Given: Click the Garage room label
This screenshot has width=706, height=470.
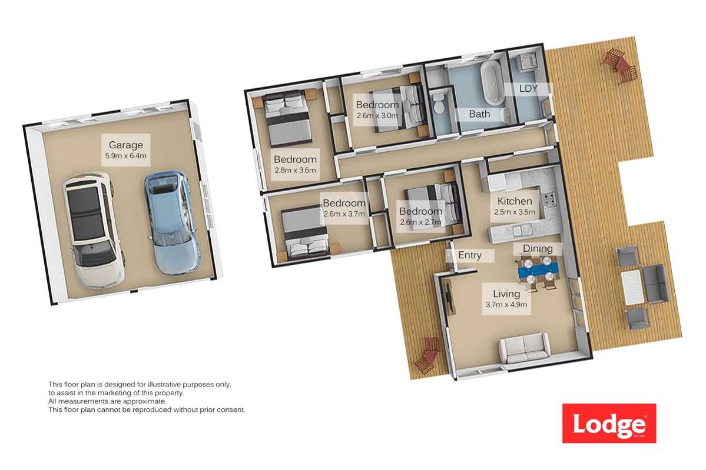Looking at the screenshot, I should pos(125,145).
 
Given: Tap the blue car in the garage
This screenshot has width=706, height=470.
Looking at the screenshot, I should pos(171,222).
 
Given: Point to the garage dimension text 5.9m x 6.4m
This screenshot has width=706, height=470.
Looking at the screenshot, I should pos(125,156).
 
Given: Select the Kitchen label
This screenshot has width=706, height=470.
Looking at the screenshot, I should pos(515,201).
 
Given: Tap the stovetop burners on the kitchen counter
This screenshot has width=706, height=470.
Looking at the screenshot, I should pos(549,201).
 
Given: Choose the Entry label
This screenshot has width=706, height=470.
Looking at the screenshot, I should pos(469,255).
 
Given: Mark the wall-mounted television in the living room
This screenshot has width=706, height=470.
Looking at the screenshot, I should pos(449,299).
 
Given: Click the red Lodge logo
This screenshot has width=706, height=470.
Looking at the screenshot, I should pos(609,423).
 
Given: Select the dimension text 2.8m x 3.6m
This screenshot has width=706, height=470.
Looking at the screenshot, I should pos(295,171).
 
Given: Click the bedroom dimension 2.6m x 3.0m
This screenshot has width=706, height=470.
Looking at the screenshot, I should pos(377,116).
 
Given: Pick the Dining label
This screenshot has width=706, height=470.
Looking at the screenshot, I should pos(538,249).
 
